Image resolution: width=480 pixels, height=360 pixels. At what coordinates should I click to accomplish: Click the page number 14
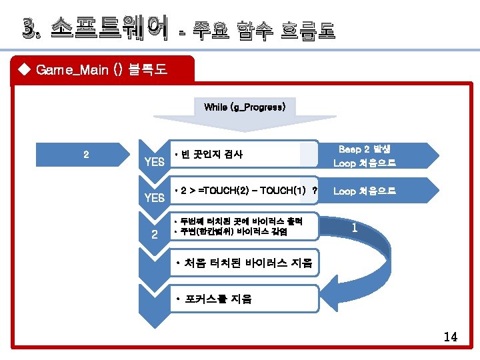click(451, 337)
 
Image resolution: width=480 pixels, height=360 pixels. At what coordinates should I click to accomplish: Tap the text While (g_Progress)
click(245, 107)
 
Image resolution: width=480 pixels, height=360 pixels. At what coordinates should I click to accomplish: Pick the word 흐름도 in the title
click(307, 29)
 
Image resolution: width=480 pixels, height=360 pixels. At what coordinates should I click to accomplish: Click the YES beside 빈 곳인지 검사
click(154, 163)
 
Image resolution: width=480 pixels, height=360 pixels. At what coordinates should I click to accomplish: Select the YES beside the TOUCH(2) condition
click(154, 198)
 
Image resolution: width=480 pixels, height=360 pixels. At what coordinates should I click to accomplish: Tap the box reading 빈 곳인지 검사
click(210, 155)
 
